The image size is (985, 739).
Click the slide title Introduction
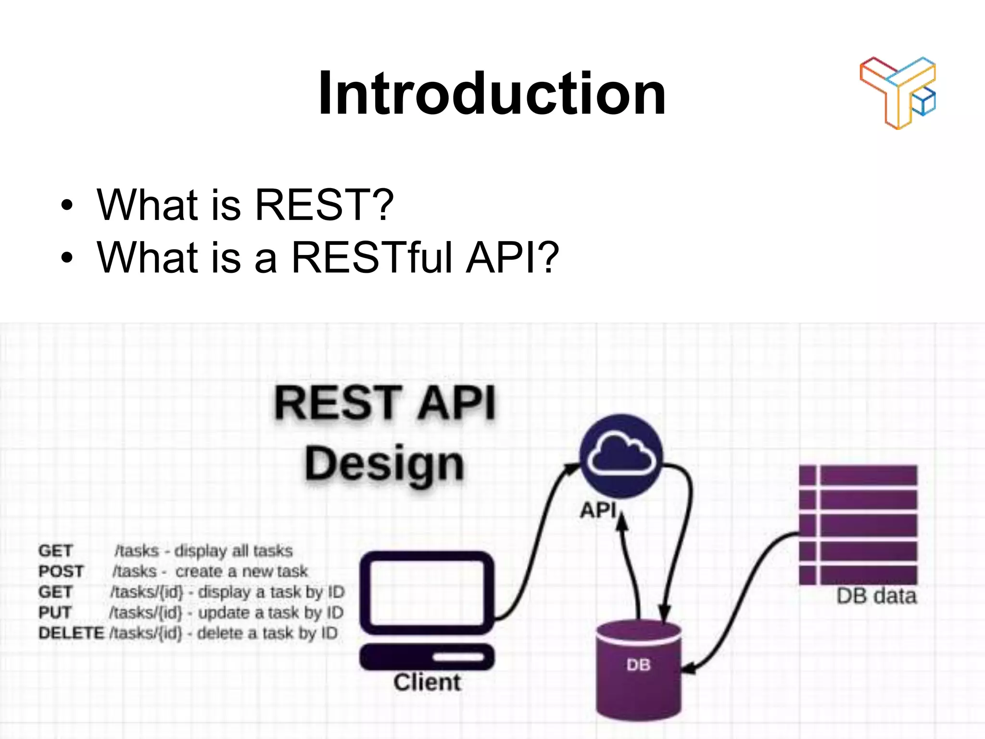pyautogui.click(x=492, y=93)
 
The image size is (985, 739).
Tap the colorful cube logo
pyautogui.click(x=897, y=92)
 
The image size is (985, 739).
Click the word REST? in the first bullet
pyautogui.click(x=324, y=205)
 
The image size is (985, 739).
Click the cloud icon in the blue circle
pyautogui.click(x=621, y=455)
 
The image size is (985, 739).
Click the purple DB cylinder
pyautogui.click(x=638, y=671)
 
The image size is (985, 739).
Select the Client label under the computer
pyautogui.click(x=427, y=682)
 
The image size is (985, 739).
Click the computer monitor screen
pyautogui.click(x=427, y=592)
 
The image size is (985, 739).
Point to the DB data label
pyautogui.click(x=876, y=597)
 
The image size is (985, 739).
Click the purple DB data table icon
pyautogui.click(x=858, y=524)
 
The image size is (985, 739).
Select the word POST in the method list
pyautogui.click(x=61, y=572)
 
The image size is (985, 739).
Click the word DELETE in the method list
pyautogui.click(x=71, y=633)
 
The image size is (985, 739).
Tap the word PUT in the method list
pyautogui.click(x=55, y=612)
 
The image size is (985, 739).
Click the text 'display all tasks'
pyautogui.click(x=233, y=551)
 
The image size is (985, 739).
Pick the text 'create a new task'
pyautogui.click(x=241, y=572)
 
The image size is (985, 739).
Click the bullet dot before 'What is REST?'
pyautogui.click(x=67, y=206)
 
